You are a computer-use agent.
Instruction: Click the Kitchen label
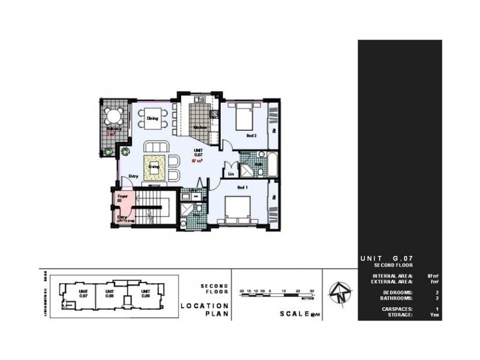pyautogui.click(x=199, y=127)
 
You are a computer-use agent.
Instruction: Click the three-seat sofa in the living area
pyautogui.click(x=155, y=148)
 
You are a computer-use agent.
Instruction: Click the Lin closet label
pyautogui.click(x=231, y=175)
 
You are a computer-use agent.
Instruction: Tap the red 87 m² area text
pyautogui.click(x=196, y=161)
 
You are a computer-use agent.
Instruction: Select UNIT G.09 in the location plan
pyautogui.click(x=145, y=295)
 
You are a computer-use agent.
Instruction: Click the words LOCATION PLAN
pyautogui.click(x=202, y=310)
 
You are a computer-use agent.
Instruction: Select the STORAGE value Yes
pyautogui.click(x=436, y=314)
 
